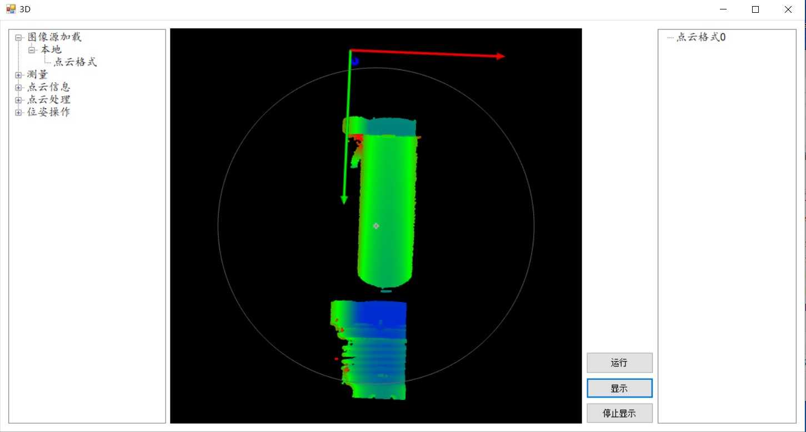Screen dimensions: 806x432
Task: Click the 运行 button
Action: point(619,363)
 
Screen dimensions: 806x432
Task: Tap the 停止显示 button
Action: point(619,413)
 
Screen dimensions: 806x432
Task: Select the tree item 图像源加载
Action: point(54,37)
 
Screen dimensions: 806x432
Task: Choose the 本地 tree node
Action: point(51,49)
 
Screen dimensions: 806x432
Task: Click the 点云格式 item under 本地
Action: point(75,62)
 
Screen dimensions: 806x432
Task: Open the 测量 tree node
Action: point(37,74)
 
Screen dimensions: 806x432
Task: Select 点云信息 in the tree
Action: point(48,87)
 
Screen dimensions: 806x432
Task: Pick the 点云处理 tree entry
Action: point(48,99)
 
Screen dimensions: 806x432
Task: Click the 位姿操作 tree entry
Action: point(48,112)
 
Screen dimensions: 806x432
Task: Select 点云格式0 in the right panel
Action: point(701,37)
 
